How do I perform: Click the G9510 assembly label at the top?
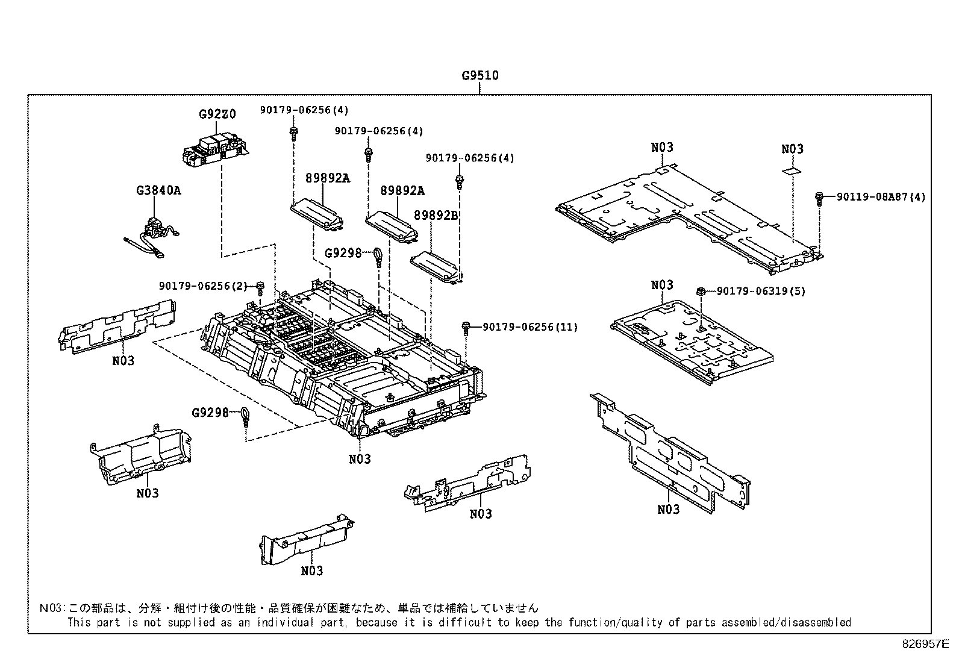tap(479, 76)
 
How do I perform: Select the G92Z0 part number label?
tap(217, 114)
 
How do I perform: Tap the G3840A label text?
tap(158, 191)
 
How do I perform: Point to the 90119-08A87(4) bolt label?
tap(881, 197)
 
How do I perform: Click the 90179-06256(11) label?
tap(529, 327)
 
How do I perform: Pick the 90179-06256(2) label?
tap(203, 286)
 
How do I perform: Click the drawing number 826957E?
tap(925, 644)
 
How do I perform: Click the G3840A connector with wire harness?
tap(154, 234)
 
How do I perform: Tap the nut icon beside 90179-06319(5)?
tap(701, 293)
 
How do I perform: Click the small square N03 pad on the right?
tap(792, 171)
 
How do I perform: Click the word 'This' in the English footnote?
tap(79, 622)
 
